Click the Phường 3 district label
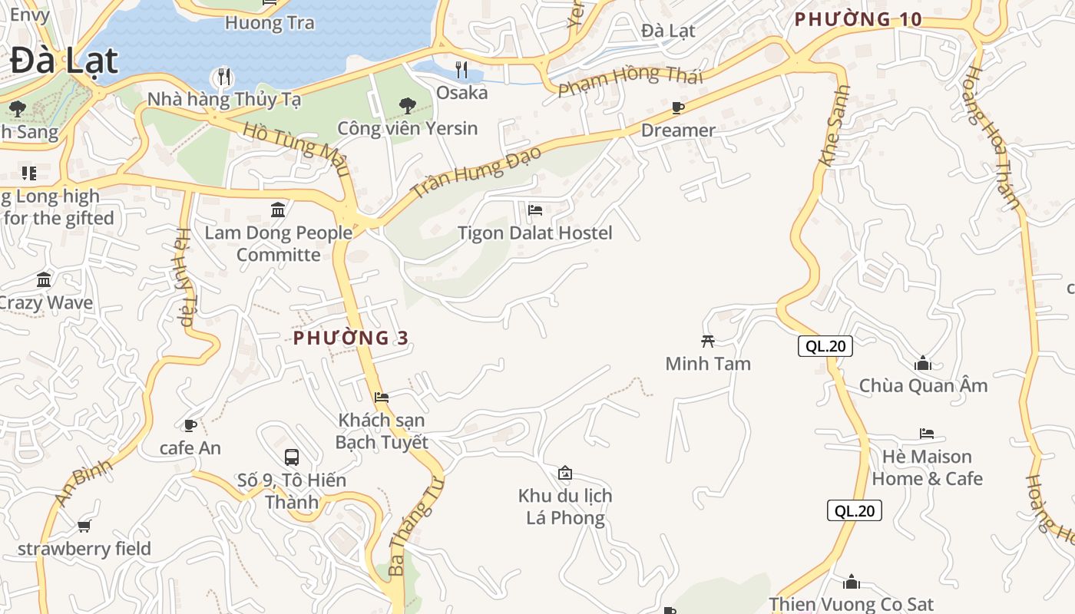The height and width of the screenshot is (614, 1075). pyautogui.click(x=350, y=338)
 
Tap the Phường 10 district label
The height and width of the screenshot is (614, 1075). pyautogui.click(x=858, y=19)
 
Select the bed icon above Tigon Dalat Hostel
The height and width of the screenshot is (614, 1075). pyautogui.click(x=535, y=210)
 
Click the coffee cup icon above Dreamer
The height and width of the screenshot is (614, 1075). pyautogui.click(x=677, y=107)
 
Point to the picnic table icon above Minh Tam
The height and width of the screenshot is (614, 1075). pyautogui.click(x=708, y=341)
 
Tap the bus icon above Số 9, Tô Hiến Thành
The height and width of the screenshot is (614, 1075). pyautogui.click(x=292, y=457)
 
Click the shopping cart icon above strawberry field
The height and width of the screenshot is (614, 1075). pyautogui.click(x=84, y=527)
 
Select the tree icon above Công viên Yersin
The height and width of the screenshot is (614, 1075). pyautogui.click(x=407, y=106)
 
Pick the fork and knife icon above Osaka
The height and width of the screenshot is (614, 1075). pyautogui.click(x=461, y=70)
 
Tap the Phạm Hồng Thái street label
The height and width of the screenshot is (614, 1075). pyautogui.click(x=630, y=79)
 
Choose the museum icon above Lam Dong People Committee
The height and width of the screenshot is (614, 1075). pyautogui.click(x=278, y=210)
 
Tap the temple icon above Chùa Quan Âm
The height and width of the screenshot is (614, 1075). pyautogui.click(x=923, y=363)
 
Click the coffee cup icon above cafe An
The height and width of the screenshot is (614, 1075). pyautogui.click(x=190, y=425)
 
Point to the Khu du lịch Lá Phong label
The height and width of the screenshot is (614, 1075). pyautogui.click(x=565, y=507)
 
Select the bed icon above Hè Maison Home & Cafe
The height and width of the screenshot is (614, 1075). pyautogui.click(x=927, y=434)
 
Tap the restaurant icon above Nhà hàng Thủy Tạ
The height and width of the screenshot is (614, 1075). pyautogui.click(x=223, y=77)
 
